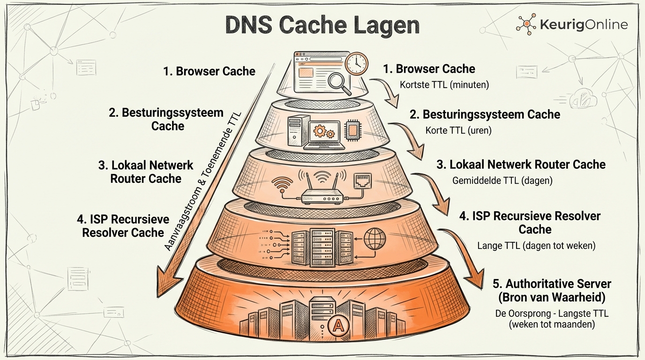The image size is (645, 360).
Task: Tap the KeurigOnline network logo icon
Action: tap(526, 24)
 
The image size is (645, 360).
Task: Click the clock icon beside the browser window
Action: tap(357, 63)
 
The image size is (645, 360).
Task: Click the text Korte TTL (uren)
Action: tap(458, 130)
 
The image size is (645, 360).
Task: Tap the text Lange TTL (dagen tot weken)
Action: tap(536, 246)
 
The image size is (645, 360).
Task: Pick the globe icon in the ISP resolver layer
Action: tap(375, 238)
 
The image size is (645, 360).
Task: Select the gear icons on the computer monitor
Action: tap(324, 131)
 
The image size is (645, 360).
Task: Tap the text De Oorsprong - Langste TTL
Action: tap(552, 314)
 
